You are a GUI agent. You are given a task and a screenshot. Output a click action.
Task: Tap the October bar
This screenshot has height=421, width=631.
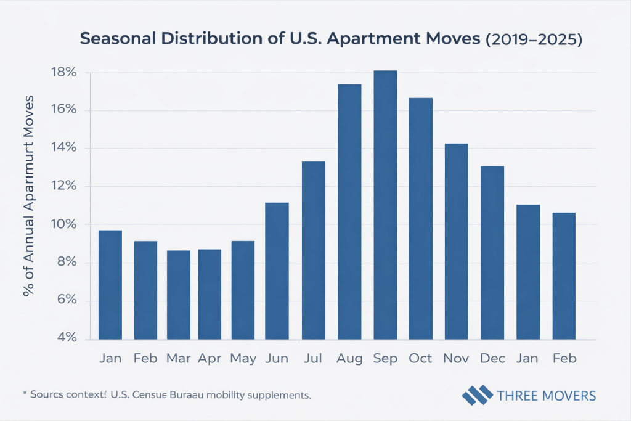point(421,218)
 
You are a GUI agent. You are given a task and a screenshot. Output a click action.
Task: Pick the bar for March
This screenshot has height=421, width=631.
point(179,295)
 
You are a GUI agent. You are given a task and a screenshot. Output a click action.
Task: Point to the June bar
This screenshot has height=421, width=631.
point(277,271)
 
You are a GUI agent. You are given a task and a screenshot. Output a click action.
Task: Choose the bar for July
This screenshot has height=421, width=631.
point(313,250)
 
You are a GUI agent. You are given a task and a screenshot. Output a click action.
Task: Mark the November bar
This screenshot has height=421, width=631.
point(457,241)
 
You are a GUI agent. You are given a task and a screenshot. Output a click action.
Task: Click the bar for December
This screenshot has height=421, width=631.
point(492,253)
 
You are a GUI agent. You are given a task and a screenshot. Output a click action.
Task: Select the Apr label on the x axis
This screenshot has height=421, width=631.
point(210,358)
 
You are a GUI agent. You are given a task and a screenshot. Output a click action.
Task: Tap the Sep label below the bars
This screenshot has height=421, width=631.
point(385,358)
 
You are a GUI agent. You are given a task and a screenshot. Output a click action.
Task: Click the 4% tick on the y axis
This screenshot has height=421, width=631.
point(64,338)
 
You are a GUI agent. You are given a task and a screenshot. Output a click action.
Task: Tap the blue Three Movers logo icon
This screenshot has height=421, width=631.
point(478,395)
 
